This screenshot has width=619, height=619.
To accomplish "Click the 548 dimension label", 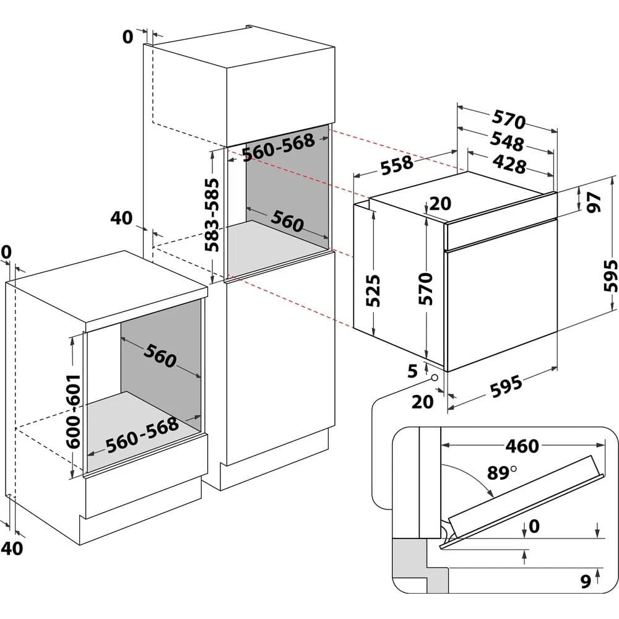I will point(507,141).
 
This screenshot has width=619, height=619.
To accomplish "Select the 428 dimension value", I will point(509,164).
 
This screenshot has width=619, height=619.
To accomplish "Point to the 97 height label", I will point(594,202).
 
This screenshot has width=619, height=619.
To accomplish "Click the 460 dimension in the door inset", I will point(521,446).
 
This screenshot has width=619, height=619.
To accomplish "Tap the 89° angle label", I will point(501,474).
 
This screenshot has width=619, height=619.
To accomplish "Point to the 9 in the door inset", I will point(584,581).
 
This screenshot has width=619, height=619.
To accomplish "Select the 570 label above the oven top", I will point(509,119).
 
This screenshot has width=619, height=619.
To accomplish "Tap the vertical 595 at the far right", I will point(610,275).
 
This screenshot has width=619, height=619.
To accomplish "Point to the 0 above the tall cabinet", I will point(128,37).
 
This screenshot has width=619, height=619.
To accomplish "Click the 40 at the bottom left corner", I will point(14,547).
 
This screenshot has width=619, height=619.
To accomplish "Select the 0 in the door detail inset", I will point(534,526).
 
